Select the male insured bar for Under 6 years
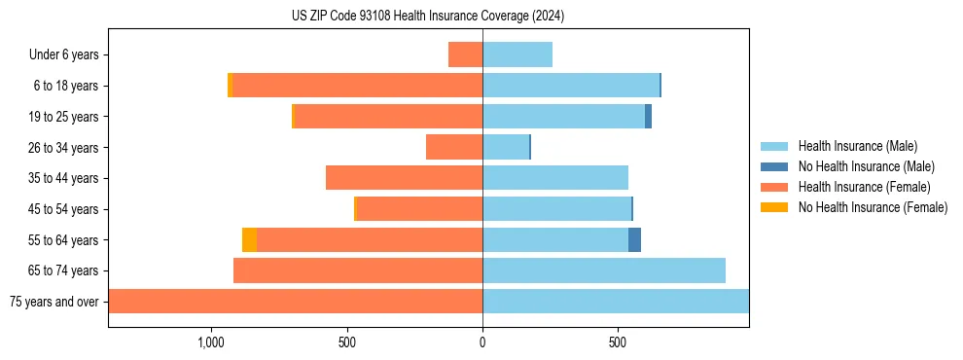(x=517, y=54)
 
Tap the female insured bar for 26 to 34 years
(x=454, y=147)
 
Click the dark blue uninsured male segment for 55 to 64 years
(x=634, y=239)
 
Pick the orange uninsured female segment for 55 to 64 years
(x=249, y=239)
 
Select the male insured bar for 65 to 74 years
(x=604, y=270)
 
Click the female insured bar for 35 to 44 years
(x=404, y=178)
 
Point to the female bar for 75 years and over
(x=296, y=301)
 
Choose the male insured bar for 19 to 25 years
(x=563, y=117)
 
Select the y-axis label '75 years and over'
(x=54, y=302)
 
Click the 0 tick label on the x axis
(x=482, y=342)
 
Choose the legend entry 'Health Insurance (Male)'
(x=857, y=146)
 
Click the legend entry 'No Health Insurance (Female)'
(x=873, y=207)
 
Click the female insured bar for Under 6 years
(x=465, y=54)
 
